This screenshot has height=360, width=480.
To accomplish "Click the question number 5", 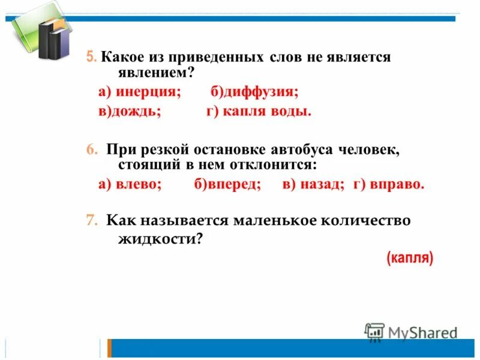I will [91, 58].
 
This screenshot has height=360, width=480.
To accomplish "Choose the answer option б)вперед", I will [227, 184].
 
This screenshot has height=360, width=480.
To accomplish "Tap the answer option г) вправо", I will [389, 184].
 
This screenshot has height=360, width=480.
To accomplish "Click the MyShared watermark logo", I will [412, 332].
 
